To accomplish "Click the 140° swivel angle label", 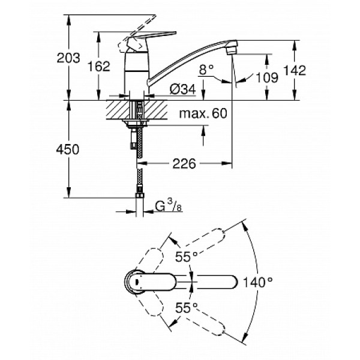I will pos(259,280).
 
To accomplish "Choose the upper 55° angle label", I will pos(187,257).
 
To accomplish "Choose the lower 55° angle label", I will pos(187,307).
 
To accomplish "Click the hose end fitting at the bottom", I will pos(139,195).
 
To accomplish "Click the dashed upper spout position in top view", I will pos(210,240).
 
